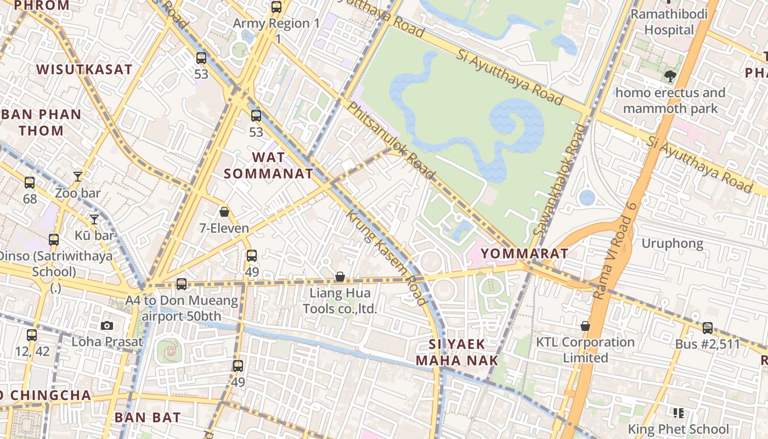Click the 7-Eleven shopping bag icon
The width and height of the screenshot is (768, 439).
[x=224, y=212]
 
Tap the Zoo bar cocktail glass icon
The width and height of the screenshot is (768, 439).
[x=78, y=177]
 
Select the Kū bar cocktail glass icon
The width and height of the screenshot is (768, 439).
[x=94, y=219]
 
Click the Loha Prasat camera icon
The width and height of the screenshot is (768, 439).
[x=107, y=325]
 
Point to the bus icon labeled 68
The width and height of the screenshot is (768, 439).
[x=30, y=183]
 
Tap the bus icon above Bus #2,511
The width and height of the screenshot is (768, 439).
[x=708, y=328]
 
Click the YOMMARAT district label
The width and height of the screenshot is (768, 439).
[x=524, y=254]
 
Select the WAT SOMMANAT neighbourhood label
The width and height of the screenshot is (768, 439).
[x=268, y=166]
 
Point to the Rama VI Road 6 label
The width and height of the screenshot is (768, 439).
[x=615, y=250]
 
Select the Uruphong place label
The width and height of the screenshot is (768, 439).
[x=672, y=243]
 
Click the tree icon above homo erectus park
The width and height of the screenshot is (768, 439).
[x=669, y=76]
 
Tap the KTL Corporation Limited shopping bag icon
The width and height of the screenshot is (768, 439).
[x=585, y=326]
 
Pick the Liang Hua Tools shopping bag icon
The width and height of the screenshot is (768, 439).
[x=340, y=277]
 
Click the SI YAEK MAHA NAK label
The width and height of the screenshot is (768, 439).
[x=457, y=352]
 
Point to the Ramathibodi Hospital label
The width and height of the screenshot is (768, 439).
[x=669, y=22]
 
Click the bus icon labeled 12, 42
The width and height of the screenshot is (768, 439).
[x=32, y=335]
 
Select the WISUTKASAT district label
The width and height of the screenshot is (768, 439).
[x=84, y=69]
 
